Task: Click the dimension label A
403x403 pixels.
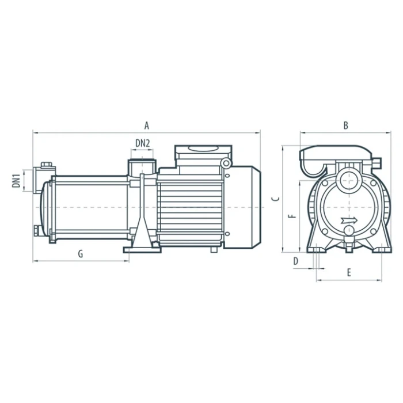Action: tap(146, 126)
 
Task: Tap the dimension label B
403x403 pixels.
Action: tap(345, 126)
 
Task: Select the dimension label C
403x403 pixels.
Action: tap(276, 199)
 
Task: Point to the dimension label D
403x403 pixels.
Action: tap(296, 261)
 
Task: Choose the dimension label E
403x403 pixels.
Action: tap(349, 272)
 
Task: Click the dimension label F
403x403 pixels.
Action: tap(292, 216)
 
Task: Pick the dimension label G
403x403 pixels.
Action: tap(81, 254)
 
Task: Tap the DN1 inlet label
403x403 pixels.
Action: tap(17, 180)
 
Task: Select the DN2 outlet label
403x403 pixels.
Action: tap(143, 143)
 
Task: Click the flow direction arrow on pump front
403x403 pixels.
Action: tap(349, 220)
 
